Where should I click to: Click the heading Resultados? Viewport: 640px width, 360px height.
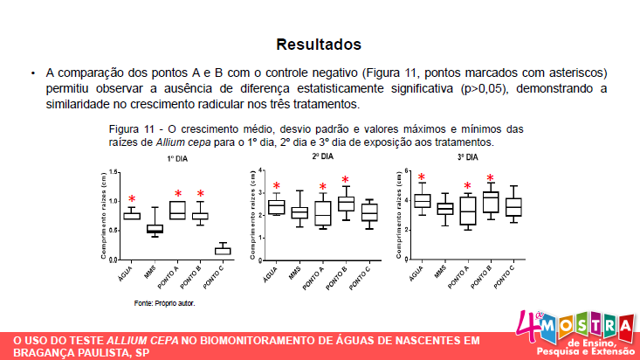point(319,44)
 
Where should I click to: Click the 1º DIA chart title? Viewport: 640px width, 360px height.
point(178,159)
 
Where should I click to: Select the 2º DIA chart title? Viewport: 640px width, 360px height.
point(322,156)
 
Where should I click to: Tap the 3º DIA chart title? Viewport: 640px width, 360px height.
point(467,157)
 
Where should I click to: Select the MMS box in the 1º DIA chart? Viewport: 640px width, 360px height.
point(155,229)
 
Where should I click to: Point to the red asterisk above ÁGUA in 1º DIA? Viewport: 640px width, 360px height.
point(132,200)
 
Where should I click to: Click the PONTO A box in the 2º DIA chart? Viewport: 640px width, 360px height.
point(322,213)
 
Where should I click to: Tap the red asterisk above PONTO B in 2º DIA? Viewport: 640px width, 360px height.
point(345,181)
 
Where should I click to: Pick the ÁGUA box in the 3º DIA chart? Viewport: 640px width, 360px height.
point(422,201)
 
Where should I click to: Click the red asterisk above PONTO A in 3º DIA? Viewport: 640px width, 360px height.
point(467,186)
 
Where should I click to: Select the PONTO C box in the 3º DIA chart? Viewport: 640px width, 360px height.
point(513,206)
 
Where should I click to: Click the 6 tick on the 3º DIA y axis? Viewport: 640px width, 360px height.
point(406,170)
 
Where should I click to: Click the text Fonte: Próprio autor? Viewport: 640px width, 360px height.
point(164,303)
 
